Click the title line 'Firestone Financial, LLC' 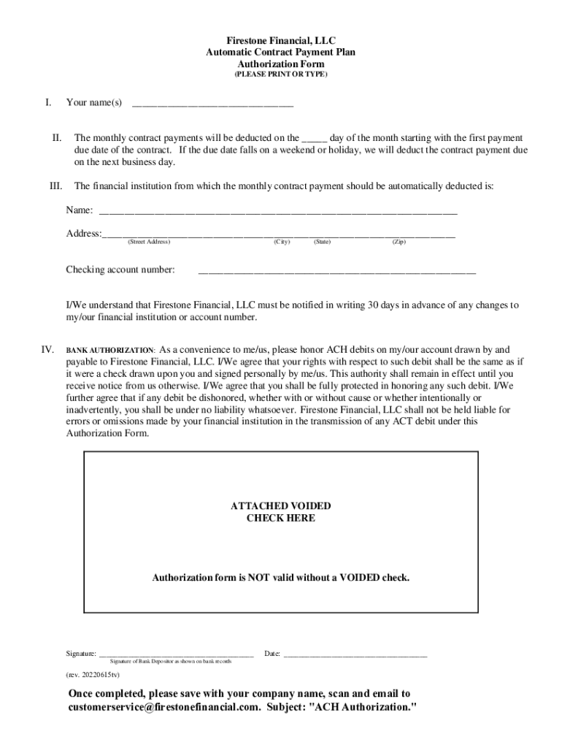(x=281, y=41)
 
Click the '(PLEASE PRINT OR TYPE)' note (x=281, y=75)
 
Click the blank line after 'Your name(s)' (x=212, y=104)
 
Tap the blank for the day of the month (x=315, y=139)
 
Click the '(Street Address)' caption (x=148, y=242)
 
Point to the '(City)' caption (x=282, y=242)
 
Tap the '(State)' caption (x=322, y=242)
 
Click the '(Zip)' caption (x=399, y=242)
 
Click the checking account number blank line (x=336, y=272)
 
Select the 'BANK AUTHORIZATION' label (x=110, y=351)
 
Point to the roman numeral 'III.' (x=55, y=186)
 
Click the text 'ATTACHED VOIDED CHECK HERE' (x=281, y=512)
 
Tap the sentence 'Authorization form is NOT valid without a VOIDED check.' (x=281, y=578)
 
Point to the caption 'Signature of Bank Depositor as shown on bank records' (x=176, y=661)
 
